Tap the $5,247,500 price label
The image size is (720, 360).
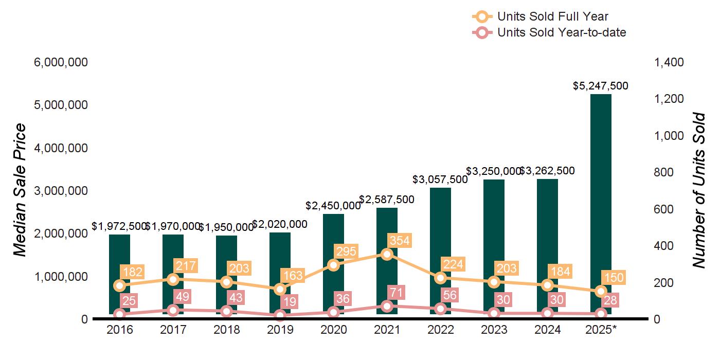tap(601, 86)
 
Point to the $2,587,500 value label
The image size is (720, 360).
tap(387, 200)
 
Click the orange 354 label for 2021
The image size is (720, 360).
tap(399, 241)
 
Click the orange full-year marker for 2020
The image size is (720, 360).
tap(333, 265)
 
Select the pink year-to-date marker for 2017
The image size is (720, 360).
tap(173, 310)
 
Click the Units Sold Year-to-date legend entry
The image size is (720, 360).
tap(549, 33)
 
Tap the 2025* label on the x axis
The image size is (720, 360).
tap(600, 330)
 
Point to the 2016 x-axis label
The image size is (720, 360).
tap(120, 330)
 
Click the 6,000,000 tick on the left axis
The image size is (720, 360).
tap(61, 62)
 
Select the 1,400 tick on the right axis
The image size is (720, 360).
tap(669, 62)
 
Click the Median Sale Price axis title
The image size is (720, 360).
tap(20, 190)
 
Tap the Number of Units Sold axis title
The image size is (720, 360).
tap(699, 190)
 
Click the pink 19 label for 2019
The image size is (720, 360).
tap(291, 302)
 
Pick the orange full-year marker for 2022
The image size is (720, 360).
tap(440, 278)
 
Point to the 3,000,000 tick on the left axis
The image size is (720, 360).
tap(61, 191)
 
